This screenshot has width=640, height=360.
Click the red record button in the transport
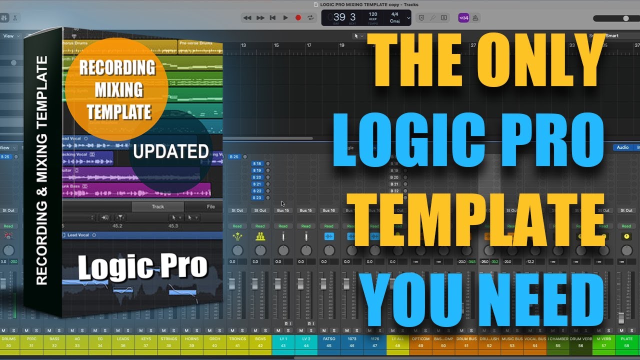(298, 17)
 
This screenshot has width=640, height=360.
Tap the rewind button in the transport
(247, 17)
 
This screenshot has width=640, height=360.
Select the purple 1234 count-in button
(463, 17)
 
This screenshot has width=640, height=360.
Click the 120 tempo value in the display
(373, 14)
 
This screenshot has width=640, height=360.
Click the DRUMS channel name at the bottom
(8, 338)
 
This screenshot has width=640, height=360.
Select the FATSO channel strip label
(329, 338)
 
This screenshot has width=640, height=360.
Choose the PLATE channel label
(626, 338)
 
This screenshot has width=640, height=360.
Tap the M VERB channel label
(603, 338)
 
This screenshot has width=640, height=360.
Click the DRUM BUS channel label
(466, 338)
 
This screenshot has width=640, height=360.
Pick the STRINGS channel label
(169, 338)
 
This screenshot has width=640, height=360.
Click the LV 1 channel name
(283, 338)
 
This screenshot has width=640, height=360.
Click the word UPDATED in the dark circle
(171, 151)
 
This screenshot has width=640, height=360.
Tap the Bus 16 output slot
(328, 210)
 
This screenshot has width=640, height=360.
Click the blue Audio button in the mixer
(622, 147)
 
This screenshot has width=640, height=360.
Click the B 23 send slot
(257, 197)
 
